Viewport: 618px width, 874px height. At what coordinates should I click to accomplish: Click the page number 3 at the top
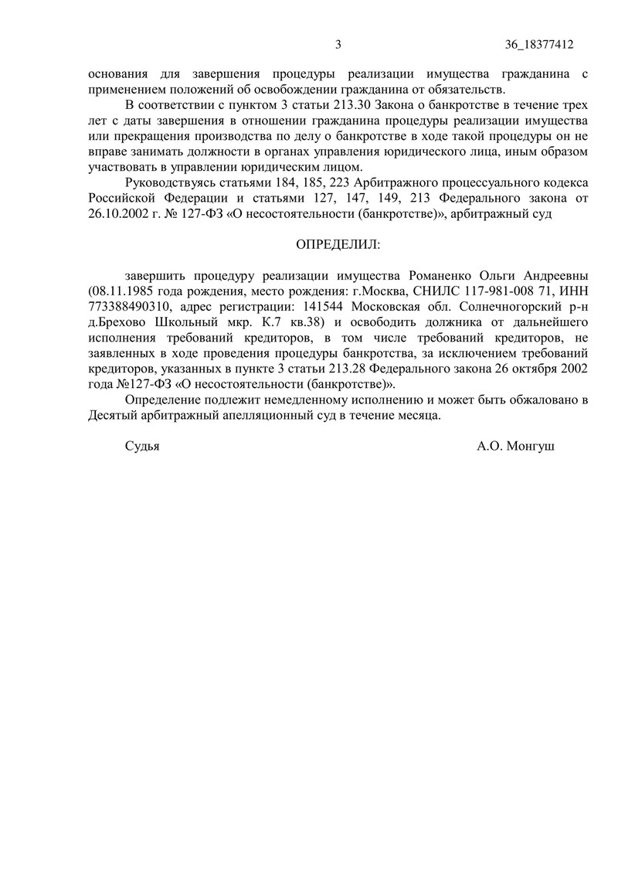(338, 44)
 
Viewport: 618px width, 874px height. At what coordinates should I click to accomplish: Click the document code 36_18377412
(539, 44)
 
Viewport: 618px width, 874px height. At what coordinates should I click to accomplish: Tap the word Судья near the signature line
(141, 446)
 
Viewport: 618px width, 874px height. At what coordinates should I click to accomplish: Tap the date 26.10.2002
(114, 213)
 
